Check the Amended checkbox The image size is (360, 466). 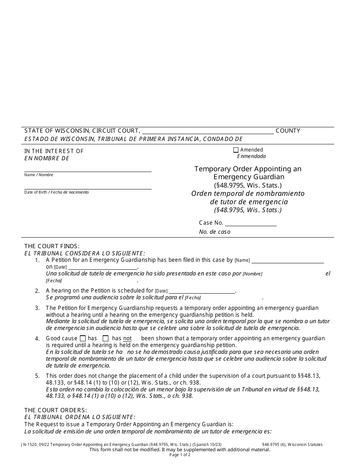236,150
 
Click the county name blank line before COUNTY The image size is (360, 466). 208,131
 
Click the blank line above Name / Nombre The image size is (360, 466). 88,169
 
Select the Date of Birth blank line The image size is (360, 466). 88,186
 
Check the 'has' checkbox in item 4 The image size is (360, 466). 83,338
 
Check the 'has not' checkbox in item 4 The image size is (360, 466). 106,338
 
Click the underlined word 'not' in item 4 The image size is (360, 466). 127,338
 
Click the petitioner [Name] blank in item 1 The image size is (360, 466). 288,260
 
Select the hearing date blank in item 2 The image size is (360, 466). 202,291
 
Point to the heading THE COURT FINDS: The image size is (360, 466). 52,246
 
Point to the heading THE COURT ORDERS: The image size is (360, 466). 56,410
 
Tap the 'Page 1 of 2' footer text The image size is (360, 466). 180,455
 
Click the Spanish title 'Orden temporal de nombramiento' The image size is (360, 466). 248,194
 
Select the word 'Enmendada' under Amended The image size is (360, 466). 251,156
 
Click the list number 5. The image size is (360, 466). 37,376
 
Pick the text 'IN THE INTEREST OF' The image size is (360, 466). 54,151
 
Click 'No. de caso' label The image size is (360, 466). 214,232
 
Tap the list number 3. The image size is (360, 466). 37,308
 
